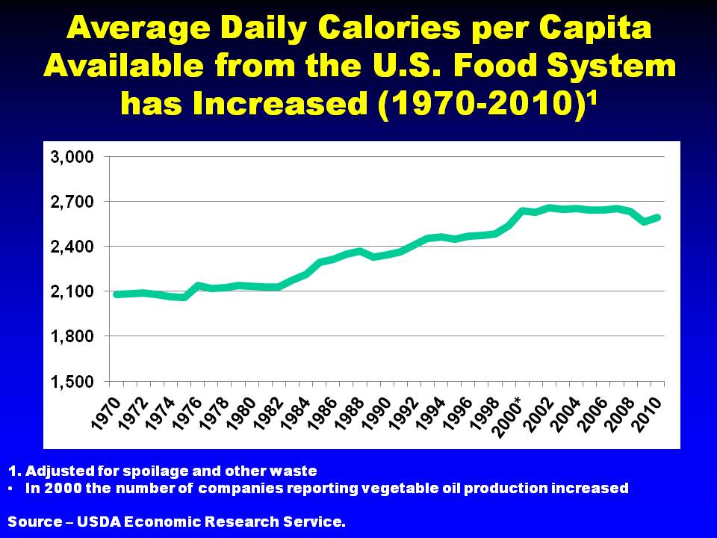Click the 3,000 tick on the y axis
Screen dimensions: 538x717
(x=72, y=157)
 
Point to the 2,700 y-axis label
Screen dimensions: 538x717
(x=72, y=202)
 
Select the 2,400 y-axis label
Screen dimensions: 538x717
(x=72, y=247)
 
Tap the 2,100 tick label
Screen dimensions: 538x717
(x=72, y=291)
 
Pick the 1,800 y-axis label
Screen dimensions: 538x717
(x=72, y=336)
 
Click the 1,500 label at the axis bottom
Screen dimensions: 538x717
(x=72, y=381)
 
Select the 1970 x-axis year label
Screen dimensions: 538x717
(x=105, y=413)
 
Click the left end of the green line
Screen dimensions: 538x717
(x=116, y=294)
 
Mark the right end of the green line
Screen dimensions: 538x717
(x=658, y=217)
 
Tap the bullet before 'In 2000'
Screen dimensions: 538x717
(x=12, y=489)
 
